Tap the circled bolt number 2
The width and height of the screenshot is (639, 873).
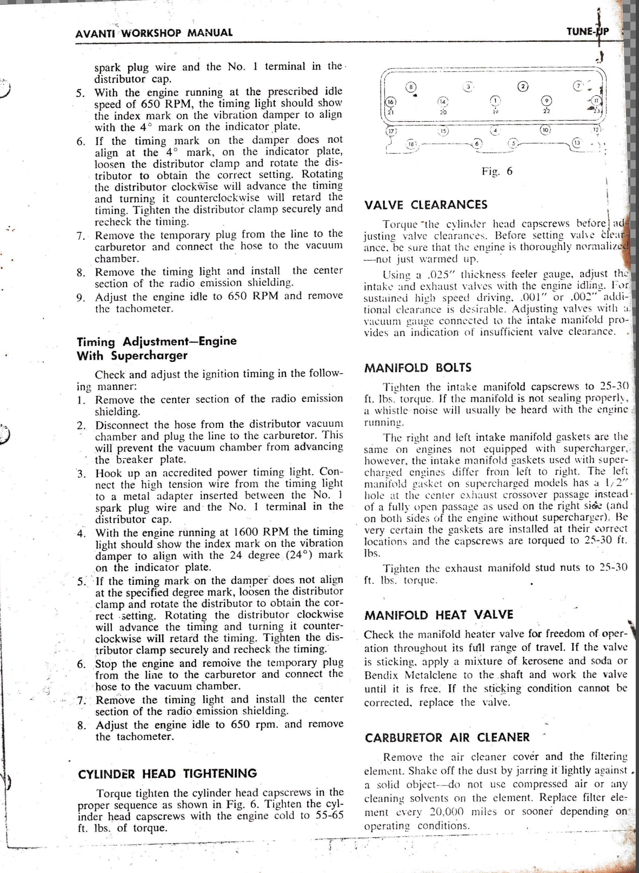(522, 87)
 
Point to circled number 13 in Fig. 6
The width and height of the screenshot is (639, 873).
(577, 143)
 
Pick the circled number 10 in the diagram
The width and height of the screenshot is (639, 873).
(545, 130)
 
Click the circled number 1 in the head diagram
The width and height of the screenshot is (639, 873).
(495, 100)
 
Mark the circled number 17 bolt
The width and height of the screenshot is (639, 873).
(391, 131)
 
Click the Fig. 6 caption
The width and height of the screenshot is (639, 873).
(497, 171)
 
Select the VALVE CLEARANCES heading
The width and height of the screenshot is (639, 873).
(425, 205)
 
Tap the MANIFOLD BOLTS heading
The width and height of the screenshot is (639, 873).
(411, 368)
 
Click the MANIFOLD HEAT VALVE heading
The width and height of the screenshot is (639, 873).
(438, 615)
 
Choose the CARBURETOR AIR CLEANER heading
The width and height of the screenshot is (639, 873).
(447, 738)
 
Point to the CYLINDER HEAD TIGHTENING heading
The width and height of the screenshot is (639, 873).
(167, 774)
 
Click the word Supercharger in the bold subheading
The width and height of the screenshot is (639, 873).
(149, 356)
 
